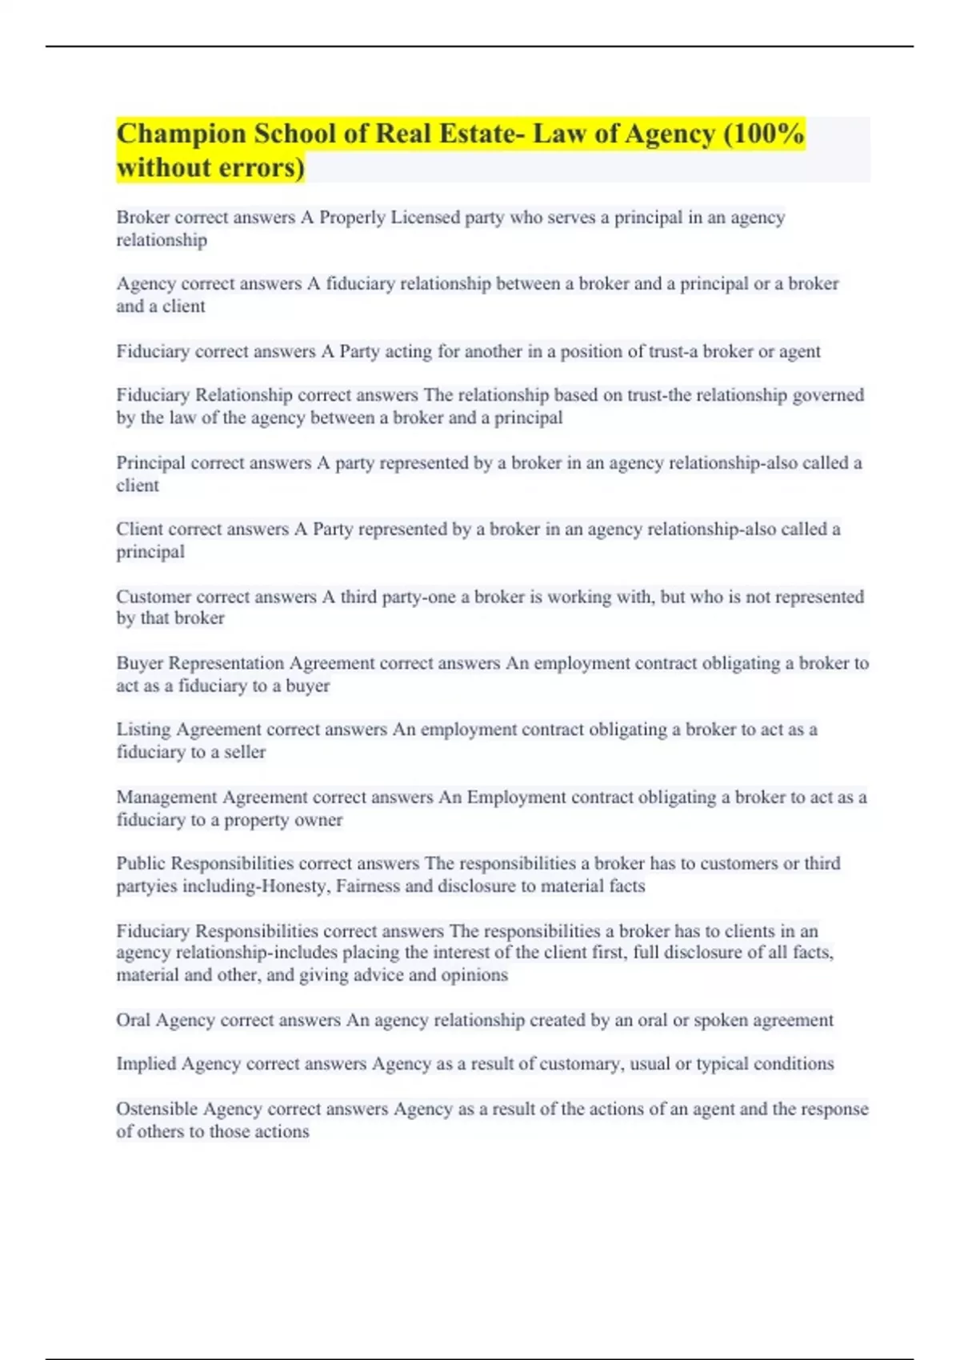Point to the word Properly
coord(353,218)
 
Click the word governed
coord(828,395)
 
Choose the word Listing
coord(143,730)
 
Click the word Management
coord(166,798)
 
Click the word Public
coord(141,864)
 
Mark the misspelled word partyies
coord(146,886)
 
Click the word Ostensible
coord(157,1110)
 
